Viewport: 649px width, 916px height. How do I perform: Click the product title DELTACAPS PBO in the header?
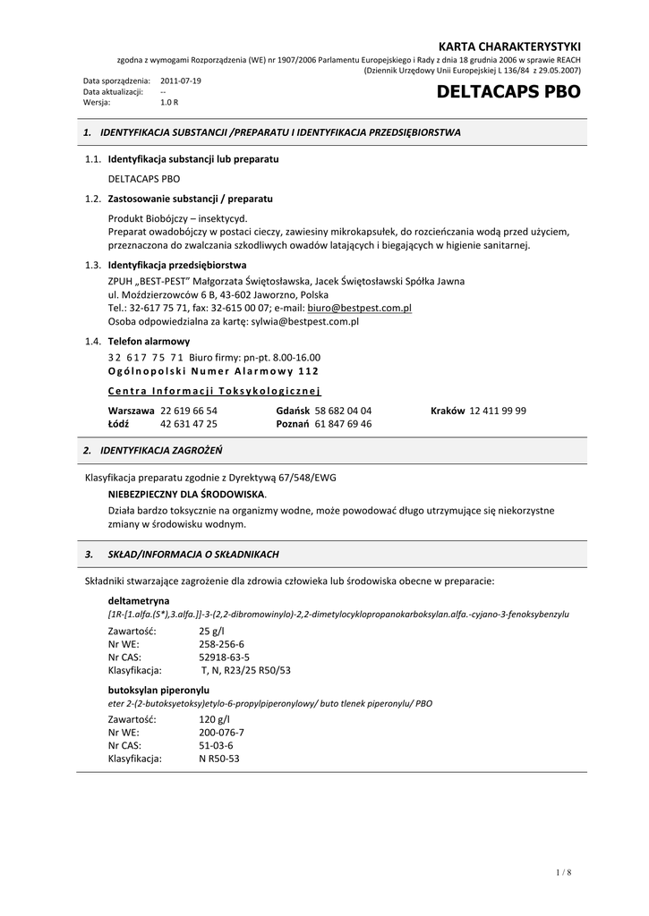pyautogui.click(x=508, y=92)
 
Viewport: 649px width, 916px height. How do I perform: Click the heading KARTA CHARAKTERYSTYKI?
pyautogui.click(x=509, y=46)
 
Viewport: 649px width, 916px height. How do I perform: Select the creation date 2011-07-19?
pyautogui.click(x=181, y=81)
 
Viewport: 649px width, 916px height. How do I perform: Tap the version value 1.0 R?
pyautogui.click(x=169, y=102)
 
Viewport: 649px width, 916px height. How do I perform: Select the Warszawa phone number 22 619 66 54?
pyautogui.click(x=189, y=411)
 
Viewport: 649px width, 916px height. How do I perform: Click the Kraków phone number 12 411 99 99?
pyautogui.click(x=498, y=411)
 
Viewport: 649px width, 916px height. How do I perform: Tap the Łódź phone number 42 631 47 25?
pyautogui.click(x=189, y=424)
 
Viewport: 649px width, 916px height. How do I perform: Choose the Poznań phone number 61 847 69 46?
pyautogui.click(x=343, y=424)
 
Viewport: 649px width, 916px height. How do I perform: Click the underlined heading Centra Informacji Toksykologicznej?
pyautogui.click(x=214, y=391)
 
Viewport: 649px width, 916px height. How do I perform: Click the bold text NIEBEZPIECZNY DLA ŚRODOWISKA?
pyautogui.click(x=186, y=494)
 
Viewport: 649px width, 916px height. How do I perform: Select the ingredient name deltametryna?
pyautogui.click(x=139, y=600)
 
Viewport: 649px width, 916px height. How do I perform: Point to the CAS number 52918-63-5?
pyautogui.click(x=224, y=657)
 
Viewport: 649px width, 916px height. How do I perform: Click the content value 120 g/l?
pyautogui.click(x=214, y=718)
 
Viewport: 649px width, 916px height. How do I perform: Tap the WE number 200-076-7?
pyautogui.click(x=221, y=732)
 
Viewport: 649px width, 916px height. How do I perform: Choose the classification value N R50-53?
pyautogui.click(x=219, y=759)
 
